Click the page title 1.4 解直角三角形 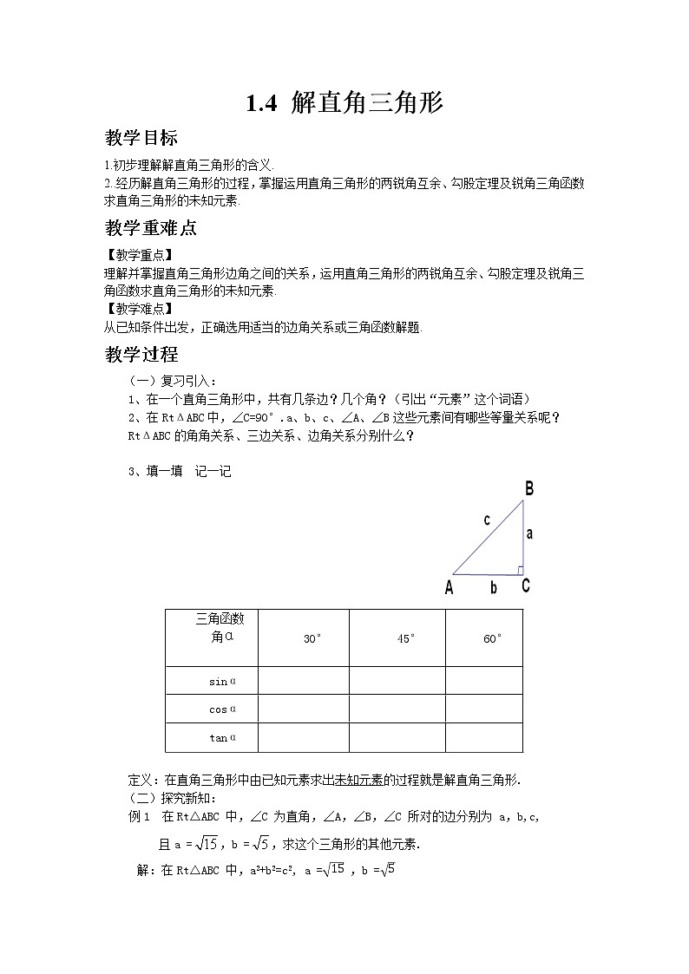[344, 104]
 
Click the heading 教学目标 [141, 138]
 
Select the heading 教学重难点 [150, 229]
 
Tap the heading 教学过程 [141, 354]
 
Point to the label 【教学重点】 [138, 254]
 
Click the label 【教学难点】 [138, 308]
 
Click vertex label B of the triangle [528, 489]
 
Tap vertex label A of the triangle [449, 588]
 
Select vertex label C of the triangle [526, 585]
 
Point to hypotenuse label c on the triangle [487, 520]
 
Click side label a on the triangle [529, 533]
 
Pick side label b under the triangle [493, 588]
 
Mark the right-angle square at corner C [519, 570]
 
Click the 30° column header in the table [312, 639]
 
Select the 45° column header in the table [406, 639]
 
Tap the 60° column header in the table [492, 639]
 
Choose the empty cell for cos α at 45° [397, 709]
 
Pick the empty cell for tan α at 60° [484, 738]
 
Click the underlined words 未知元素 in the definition [359, 780]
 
